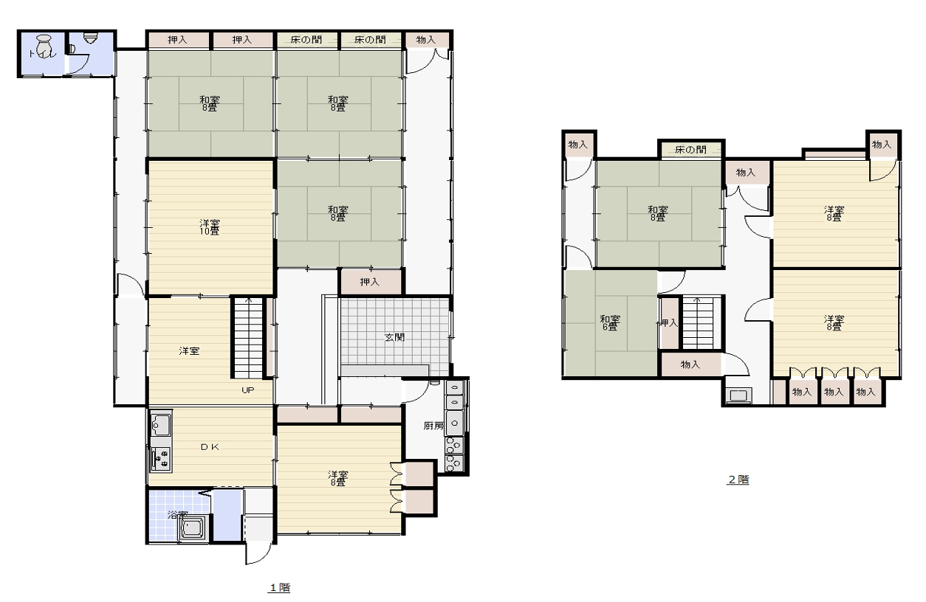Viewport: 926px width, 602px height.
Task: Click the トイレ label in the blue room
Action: [42, 54]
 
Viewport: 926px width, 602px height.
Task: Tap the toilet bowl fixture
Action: [43, 46]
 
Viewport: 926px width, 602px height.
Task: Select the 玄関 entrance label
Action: [394, 337]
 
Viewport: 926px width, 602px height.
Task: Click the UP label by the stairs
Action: [247, 390]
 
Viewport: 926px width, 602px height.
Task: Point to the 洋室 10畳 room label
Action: [210, 227]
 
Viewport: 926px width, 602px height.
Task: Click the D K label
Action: [210, 447]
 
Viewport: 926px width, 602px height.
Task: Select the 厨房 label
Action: [433, 425]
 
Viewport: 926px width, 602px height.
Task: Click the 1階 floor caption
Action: [279, 587]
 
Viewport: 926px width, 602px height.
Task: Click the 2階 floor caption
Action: [738, 480]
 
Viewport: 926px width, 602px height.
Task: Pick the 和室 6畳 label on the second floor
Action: [610, 323]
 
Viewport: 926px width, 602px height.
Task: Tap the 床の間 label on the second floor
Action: [690, 150]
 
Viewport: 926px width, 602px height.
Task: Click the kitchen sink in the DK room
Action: [161, 424]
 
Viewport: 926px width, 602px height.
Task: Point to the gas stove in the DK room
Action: [161, 458]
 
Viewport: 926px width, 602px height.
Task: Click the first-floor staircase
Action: [248, 337]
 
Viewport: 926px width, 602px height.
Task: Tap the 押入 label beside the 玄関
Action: [369, 282]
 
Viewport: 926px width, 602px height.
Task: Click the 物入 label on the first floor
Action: [426, 40]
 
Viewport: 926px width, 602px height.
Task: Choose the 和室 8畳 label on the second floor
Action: [658, 213]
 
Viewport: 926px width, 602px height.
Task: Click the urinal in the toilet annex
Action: [90, 38]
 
